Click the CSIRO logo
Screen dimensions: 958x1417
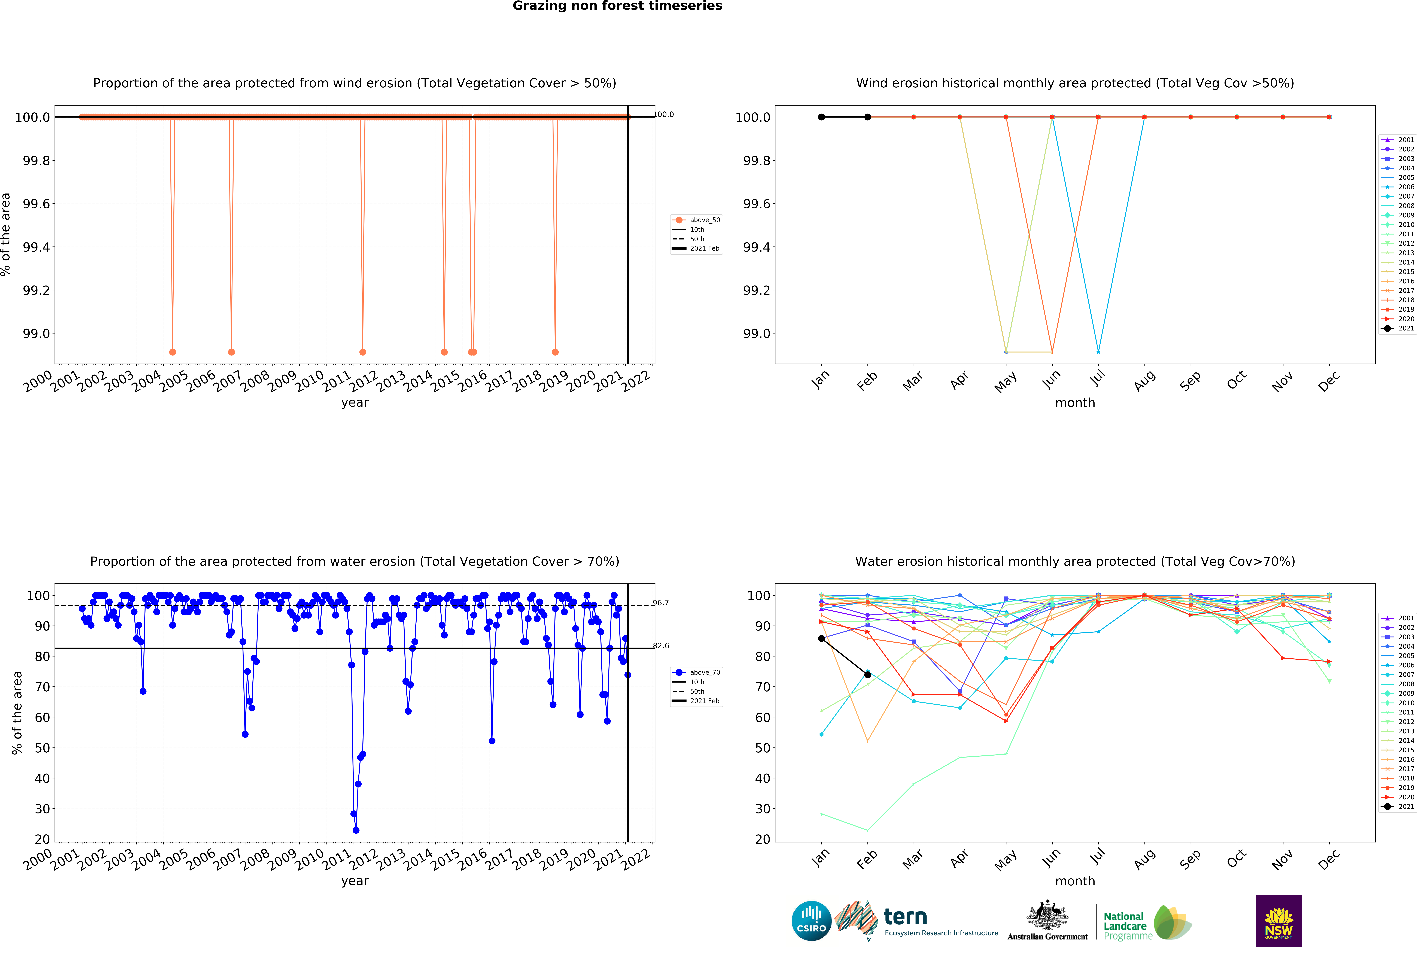click(x=811, y=921)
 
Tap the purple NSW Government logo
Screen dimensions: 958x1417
click(x=1279, y=921)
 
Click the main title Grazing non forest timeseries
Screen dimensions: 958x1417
click(x=617, y=6)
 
